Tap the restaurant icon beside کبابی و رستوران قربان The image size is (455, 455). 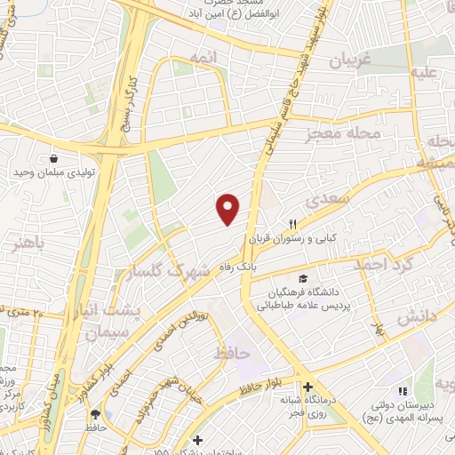click(291, 223)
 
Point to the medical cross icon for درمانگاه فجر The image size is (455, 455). click(307, 387)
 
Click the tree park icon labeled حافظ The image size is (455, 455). click(96, 413)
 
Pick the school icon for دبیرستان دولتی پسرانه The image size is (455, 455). click(401, 391)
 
